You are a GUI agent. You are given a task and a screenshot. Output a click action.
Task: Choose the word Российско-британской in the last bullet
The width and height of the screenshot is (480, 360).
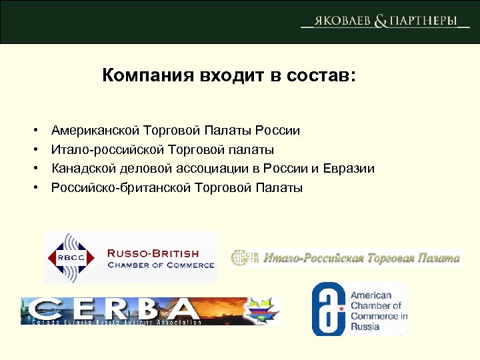coord(121,187)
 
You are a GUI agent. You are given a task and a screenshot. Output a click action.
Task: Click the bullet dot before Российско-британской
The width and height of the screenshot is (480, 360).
coord(33,188)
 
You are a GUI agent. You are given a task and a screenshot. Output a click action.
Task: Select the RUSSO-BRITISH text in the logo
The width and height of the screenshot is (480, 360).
coord(153,253)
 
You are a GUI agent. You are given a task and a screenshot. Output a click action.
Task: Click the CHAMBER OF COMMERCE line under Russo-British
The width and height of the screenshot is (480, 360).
coord(161,265)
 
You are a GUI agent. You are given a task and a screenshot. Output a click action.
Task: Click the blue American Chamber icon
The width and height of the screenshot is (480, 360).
coord(329,309)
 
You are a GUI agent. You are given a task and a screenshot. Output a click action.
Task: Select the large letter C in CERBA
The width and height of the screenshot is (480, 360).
coord(46,309)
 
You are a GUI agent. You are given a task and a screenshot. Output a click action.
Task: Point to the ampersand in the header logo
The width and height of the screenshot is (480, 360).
coord(381,21)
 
